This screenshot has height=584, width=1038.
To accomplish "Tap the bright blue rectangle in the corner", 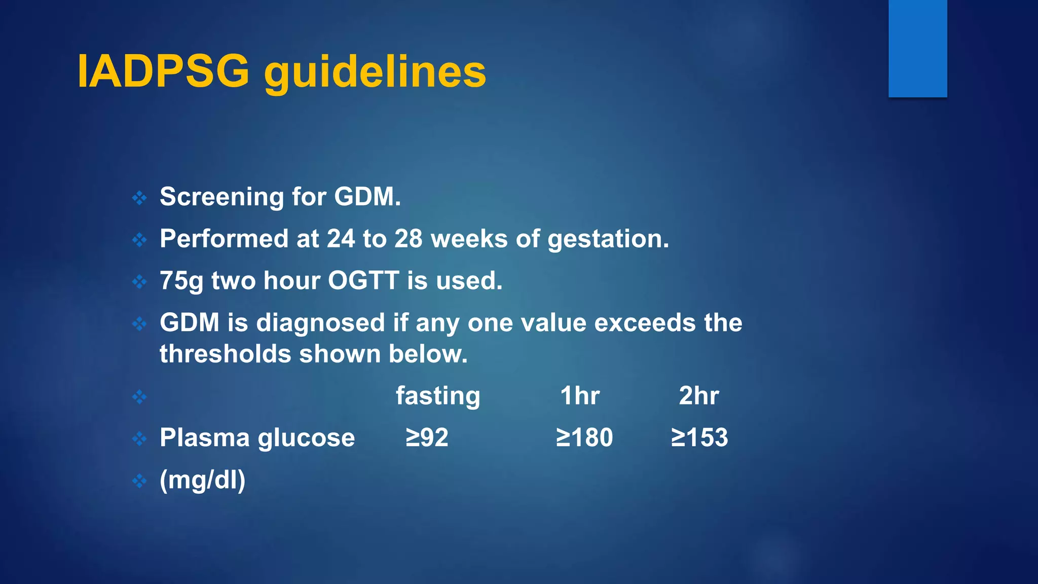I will pyautogui.click(x=917, y=48).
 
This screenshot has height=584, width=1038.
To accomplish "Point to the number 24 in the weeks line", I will pyautogui.click(x=341, y=239).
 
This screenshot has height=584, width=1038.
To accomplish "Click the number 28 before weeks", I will pyautogui.click(x=408, y=239).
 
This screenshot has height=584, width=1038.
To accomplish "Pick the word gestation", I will pyautogui.click(x=608, y=239).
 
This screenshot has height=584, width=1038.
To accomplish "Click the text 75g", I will pyautogui.click(x=181, y=281).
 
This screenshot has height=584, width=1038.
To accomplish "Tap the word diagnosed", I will pyautogui.click(x=320, y=323).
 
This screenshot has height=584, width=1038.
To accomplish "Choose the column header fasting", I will pyautogui.click(x=438, y=396).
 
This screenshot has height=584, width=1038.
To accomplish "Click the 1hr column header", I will pyautogui.click(x=580, y=396).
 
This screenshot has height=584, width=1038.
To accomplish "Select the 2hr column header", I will pyautogui.click(x=698, y=396).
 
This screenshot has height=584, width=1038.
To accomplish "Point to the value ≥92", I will pyautogui.click(x=427, y=437).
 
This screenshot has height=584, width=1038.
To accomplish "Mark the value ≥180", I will pyautogui.click(x=584, y=437).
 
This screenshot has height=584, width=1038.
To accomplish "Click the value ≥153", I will pyautogui.click(x=699, y=437).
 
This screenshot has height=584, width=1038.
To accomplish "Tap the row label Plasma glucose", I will pyautogui.click(x=257, y=438).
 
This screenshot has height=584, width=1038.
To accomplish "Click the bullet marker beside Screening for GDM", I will pyautogui.click(x=139, y=198).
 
